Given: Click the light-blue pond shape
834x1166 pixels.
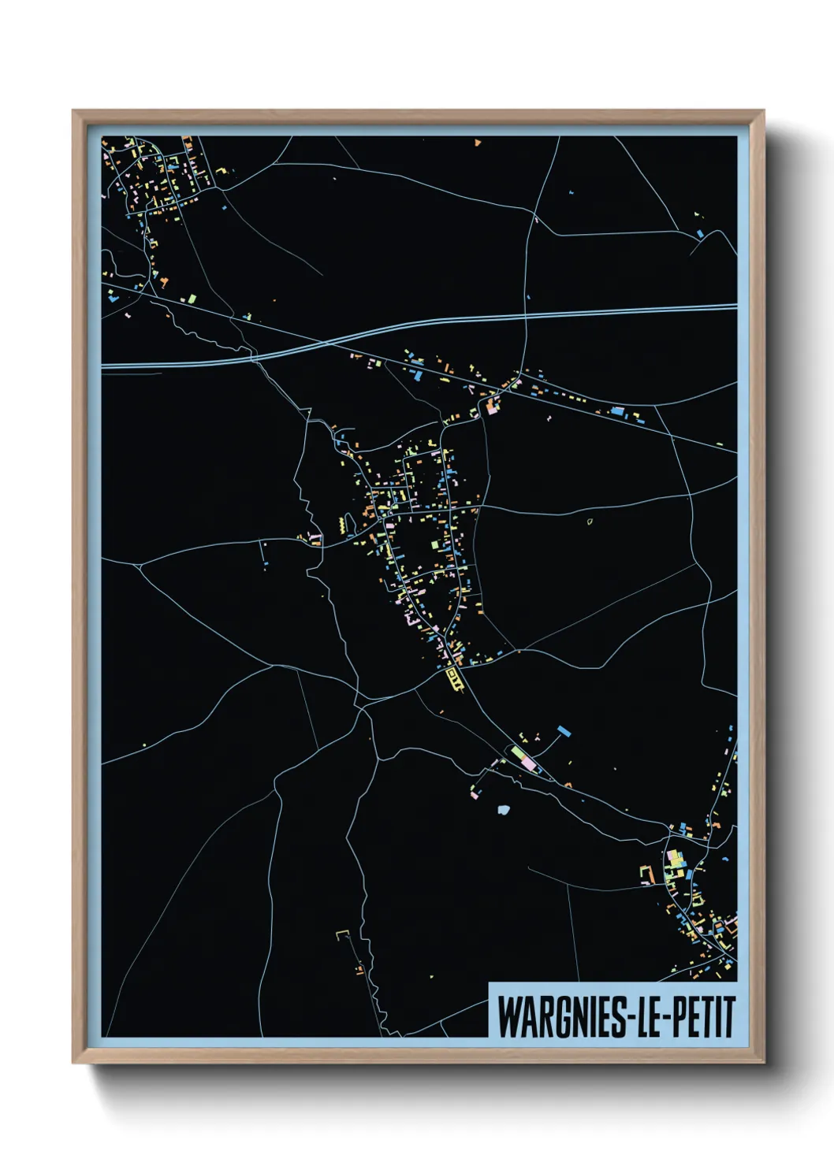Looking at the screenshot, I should click(x=504, y=809).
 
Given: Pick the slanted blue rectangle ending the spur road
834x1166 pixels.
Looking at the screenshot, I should click(x=563, y=731).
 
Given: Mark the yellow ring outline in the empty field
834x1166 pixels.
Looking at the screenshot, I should click(x=590, y=521).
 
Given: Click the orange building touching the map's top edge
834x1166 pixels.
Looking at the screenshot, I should click(x=478, y=143).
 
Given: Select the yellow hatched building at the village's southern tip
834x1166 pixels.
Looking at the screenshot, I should click(x=452, y=677).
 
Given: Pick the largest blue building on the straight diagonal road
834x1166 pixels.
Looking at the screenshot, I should click(x=618, y=411).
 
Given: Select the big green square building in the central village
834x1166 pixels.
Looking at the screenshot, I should click(x=434, y=544).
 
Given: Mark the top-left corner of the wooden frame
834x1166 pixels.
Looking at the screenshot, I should click(x=73, y=111).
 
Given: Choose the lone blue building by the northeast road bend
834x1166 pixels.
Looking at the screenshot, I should click(x=700, y=233).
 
